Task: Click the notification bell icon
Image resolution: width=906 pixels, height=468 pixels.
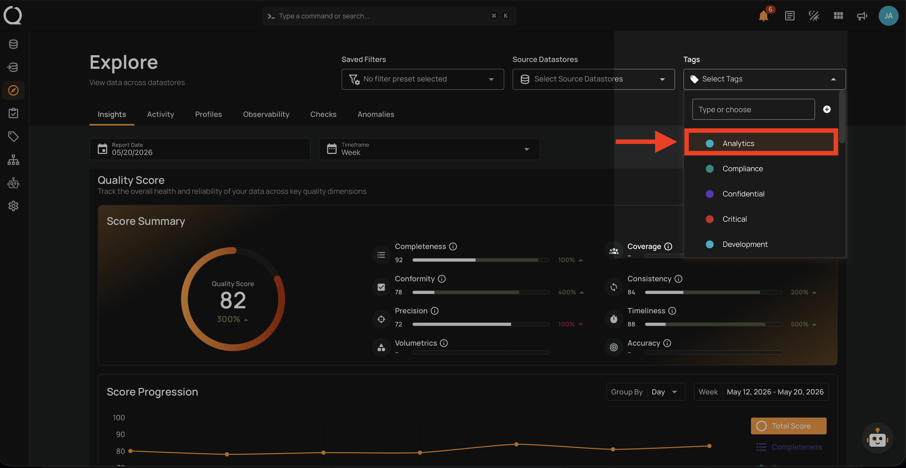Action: [763, 16]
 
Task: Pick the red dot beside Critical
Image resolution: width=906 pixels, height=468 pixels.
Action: [710, 219]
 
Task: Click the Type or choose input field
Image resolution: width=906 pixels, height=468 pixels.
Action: [753, 109]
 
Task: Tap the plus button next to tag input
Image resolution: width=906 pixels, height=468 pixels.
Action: [827, 109]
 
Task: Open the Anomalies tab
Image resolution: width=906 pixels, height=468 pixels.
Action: [376, 114]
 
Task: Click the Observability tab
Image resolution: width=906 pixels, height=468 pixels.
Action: [266, 114]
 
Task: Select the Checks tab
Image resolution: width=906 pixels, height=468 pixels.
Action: [323, 114]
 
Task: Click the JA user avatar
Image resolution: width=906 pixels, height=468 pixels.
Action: [888, 16]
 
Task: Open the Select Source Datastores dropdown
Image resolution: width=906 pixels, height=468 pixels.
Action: [593, 79]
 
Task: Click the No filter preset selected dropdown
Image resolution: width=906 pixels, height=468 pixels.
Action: [423, 79]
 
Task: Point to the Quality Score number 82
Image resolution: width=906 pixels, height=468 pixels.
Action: [233, 300]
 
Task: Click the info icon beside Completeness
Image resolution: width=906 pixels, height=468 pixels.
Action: [453, 247]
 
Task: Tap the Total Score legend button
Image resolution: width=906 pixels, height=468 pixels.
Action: [789, 426]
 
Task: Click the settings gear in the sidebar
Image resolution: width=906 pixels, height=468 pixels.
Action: [13, 206]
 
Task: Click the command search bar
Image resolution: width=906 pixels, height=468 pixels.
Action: [389, 16]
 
